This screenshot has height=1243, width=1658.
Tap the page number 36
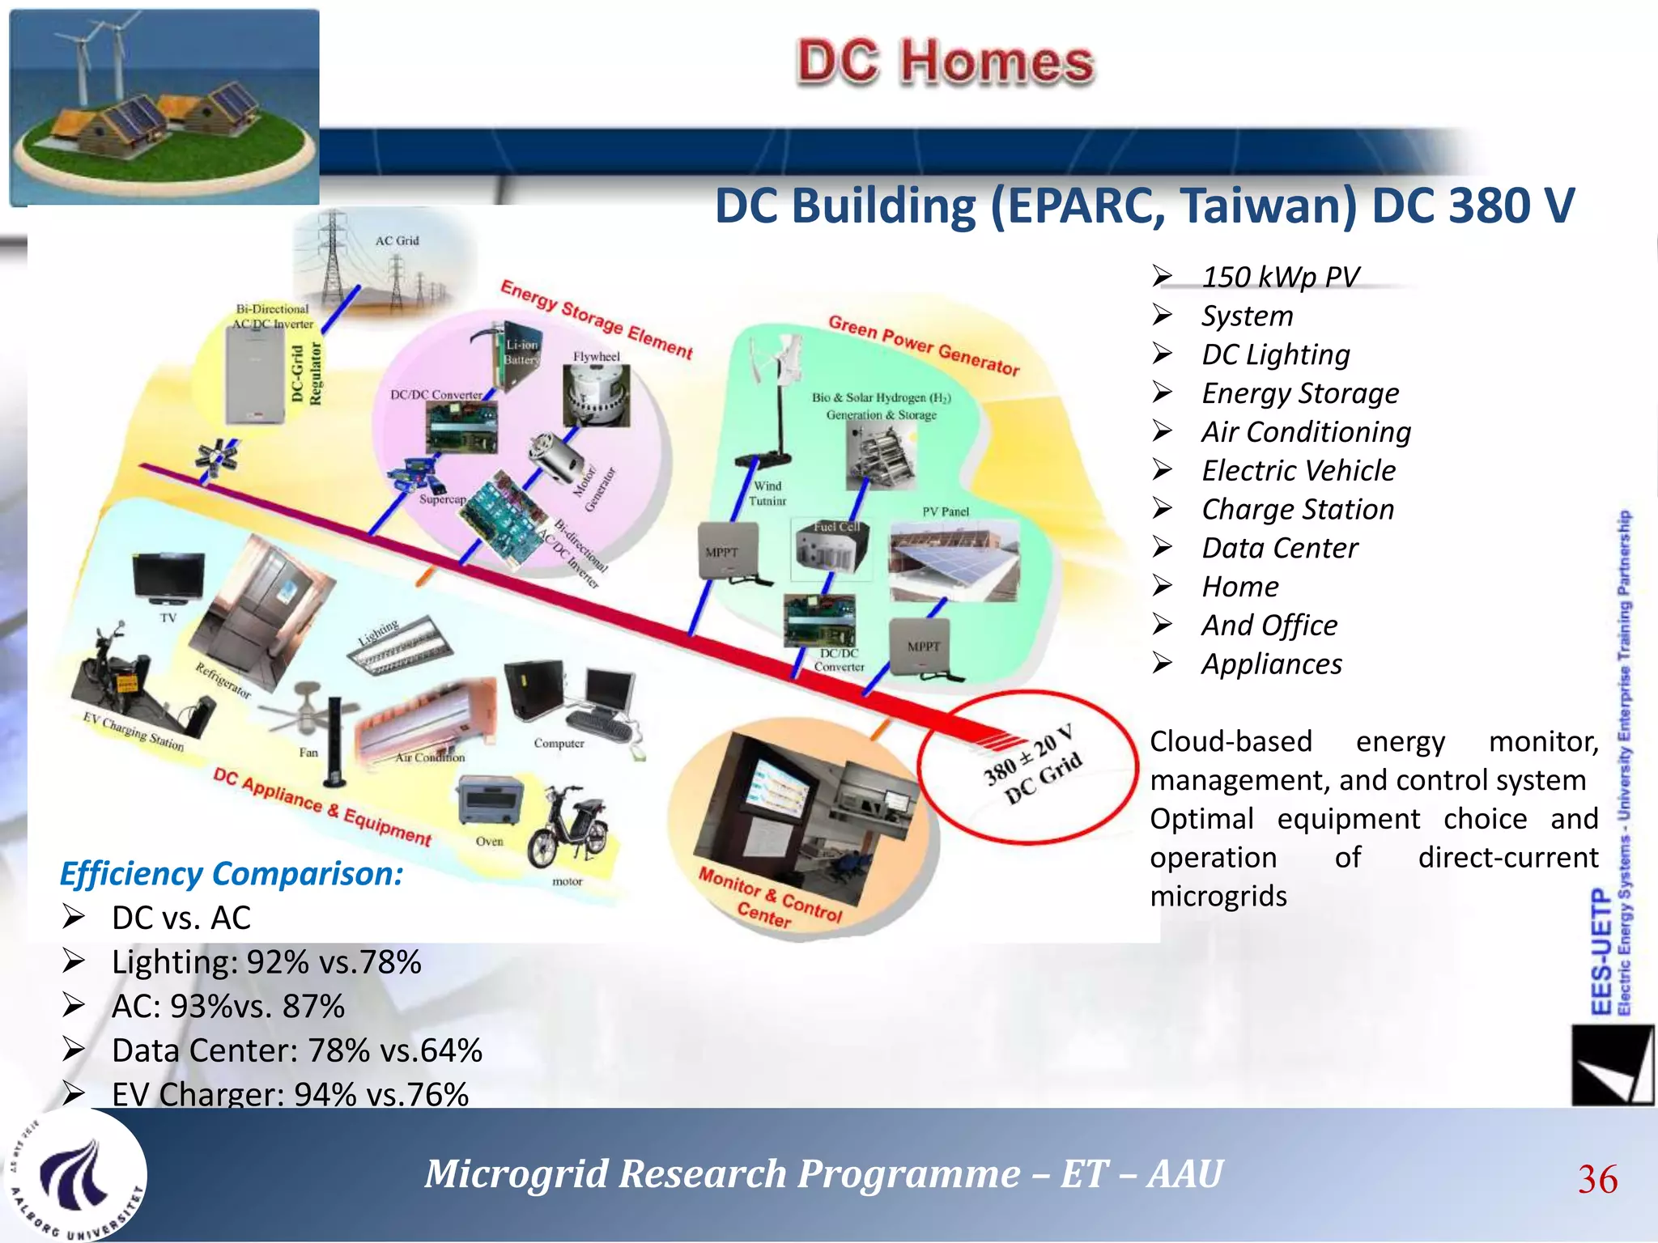[1596, 1179]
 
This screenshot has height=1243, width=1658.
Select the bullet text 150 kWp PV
[1279, 277]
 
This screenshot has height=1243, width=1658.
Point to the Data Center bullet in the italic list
[1279, 548]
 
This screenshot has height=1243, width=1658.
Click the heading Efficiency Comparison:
[231, 874]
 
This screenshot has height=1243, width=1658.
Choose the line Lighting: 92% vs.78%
[266, 962]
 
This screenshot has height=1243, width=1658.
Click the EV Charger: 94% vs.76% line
[289, 1094]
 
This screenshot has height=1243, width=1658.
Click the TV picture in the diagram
[168, 578]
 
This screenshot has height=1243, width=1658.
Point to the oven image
[490, 801]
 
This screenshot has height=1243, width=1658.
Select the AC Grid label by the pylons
[397, 240]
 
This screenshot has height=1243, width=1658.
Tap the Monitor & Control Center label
[769, 897]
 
